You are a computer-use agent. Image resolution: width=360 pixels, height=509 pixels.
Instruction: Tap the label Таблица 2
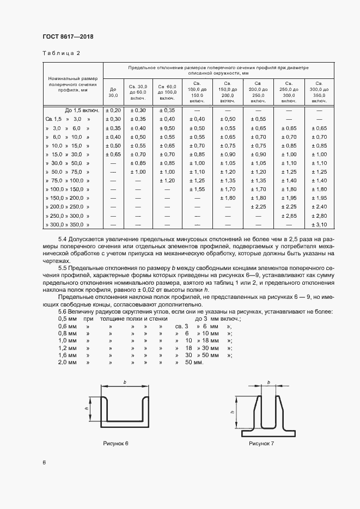(x=61, y=53)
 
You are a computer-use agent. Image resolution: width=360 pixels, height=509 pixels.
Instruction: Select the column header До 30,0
(x=113, y=92)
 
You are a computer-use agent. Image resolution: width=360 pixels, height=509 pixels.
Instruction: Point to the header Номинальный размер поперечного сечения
(x=72, y=85)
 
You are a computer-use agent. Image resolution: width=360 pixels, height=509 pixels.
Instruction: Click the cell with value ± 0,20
(x=113, y=110)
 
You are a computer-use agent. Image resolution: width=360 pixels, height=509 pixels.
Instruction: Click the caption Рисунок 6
(x=116, y=444)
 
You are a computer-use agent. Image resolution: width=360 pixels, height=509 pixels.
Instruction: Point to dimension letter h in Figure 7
(x=233, y=412)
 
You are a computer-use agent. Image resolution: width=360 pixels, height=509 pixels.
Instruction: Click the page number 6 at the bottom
(x=44, y=463)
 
